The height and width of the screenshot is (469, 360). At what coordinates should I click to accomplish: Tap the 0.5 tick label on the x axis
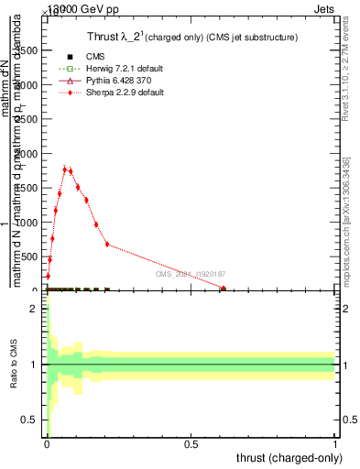click(191, 444)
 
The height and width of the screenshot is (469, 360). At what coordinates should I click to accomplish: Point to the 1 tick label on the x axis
click(335, 444)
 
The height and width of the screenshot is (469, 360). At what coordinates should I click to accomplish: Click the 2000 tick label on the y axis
click(25, 155)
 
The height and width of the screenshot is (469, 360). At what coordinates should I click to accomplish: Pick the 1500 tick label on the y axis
click(25, 189)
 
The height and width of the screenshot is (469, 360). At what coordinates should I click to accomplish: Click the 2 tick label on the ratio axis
click(34, 309)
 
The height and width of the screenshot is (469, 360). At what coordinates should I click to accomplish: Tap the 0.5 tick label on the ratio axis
click(30, 420)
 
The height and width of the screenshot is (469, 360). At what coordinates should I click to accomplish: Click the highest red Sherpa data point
click(64, 169)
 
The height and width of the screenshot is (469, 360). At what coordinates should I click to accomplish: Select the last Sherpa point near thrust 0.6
click(224, 289)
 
